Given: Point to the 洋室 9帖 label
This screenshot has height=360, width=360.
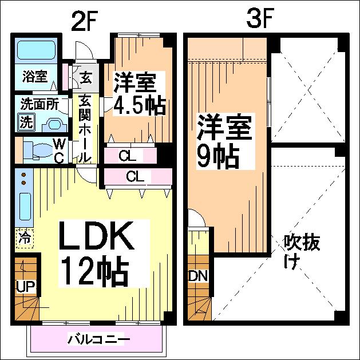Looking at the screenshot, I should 225,141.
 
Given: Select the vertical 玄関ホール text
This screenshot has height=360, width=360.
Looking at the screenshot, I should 84,127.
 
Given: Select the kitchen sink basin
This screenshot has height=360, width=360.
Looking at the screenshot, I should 25,208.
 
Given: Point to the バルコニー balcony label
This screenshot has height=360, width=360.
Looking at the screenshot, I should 98,339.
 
